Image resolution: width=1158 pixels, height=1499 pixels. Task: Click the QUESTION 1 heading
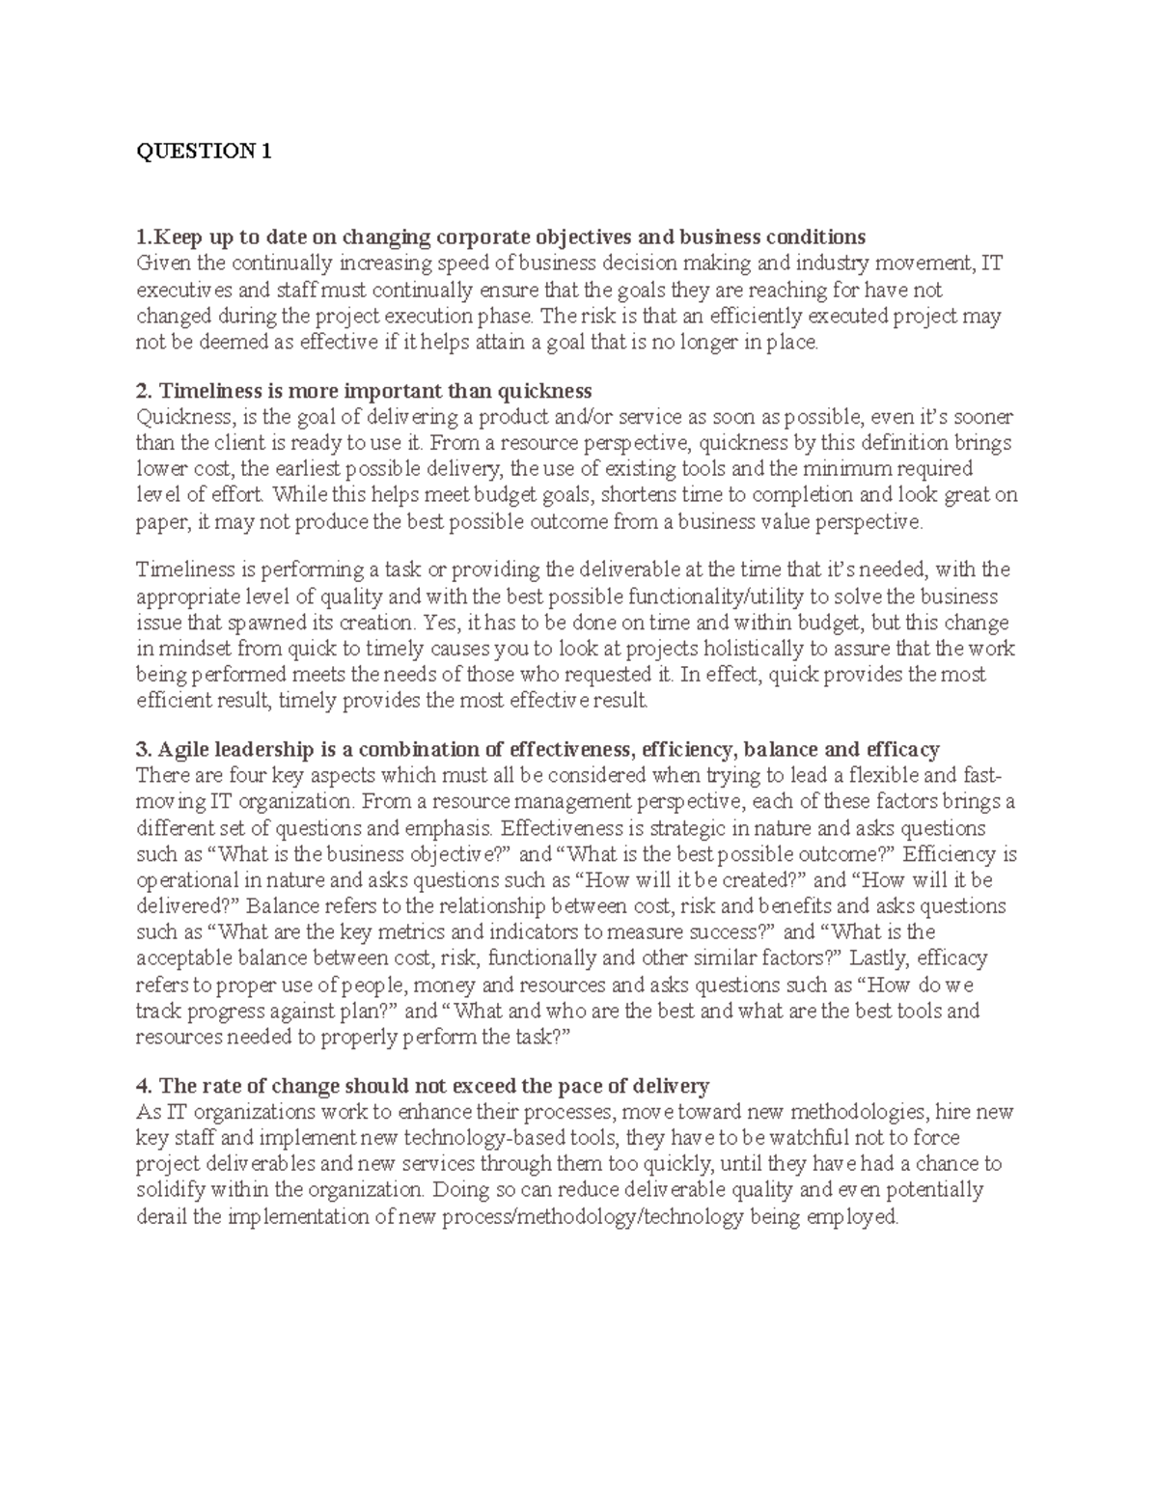coord(205,152)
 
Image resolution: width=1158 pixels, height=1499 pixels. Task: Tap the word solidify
coord(170,1190)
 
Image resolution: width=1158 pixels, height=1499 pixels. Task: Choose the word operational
coord(187,880)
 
